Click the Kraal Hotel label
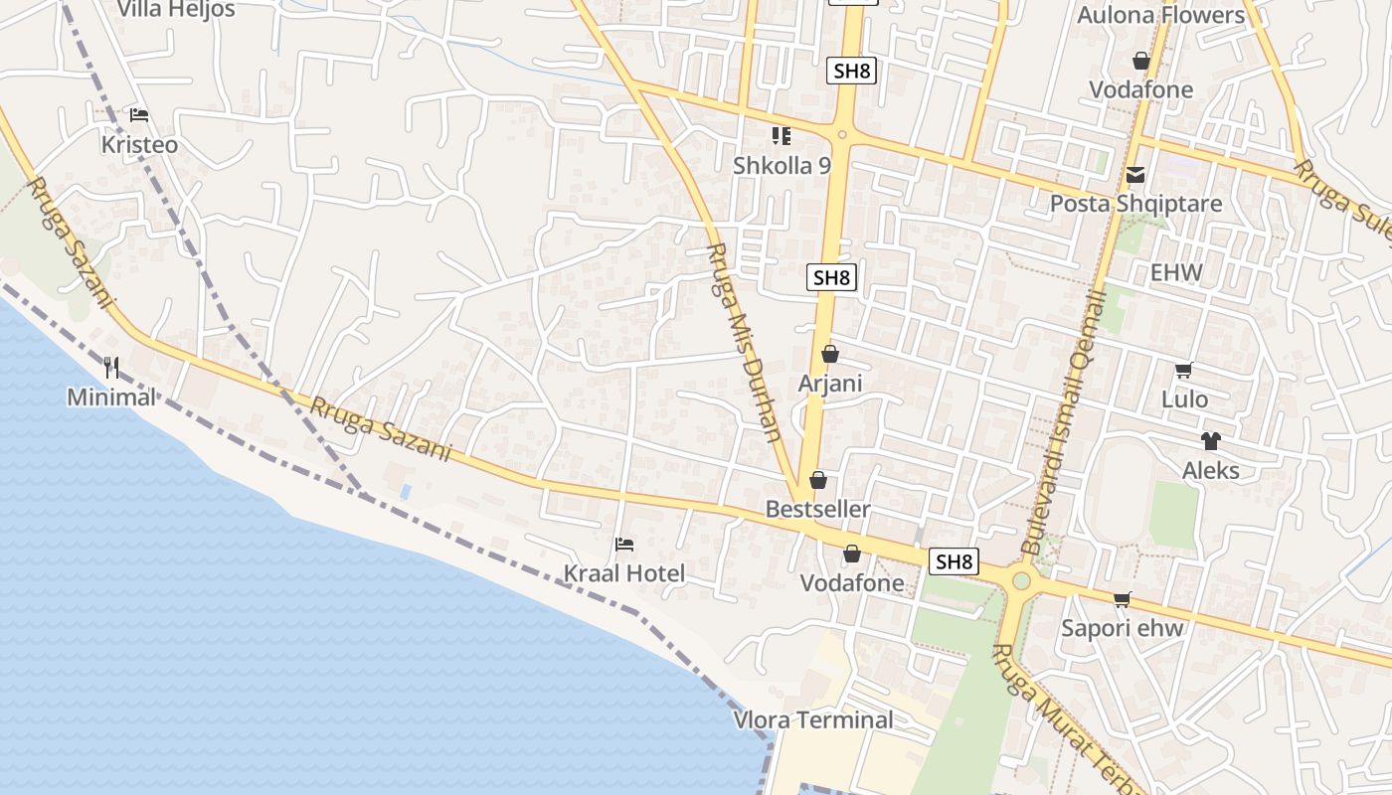[624, 573]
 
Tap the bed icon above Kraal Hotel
[624, 545]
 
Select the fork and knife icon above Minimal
[111, 369]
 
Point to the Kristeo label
[139, 145]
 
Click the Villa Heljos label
[176, 10]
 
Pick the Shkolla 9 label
[782, 165]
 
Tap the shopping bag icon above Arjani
[830, 355]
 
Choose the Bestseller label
[817, 510]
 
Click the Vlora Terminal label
[813, 719]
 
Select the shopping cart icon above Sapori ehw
[1123, 599]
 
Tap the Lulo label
[1185, 399]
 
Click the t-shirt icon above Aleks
[1210, 441]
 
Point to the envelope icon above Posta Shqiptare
[1135, 176]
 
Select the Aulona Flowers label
[1160, 15]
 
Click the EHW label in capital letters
[1176, 273]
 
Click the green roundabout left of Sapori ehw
[1021, 580]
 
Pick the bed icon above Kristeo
[139, 115]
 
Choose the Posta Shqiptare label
[1135, 204]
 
